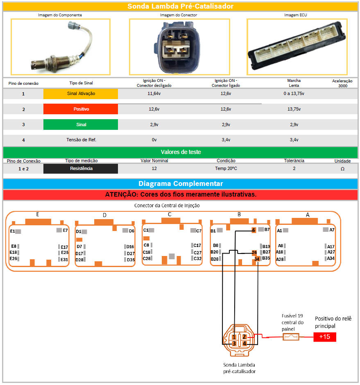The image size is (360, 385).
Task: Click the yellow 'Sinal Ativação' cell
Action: pos(81,94)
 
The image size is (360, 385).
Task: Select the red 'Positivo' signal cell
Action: pos(81,109)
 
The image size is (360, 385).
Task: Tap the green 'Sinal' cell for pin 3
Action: pos(81,125)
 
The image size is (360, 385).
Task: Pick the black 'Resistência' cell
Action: pos(81,168)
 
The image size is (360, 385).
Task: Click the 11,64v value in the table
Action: pos(154,94)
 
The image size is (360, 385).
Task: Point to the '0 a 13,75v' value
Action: pos(294,94)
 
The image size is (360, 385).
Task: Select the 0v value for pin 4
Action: pos(154,140)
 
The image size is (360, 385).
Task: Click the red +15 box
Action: pos(325,337)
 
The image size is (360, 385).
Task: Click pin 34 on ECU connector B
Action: pos(257,259)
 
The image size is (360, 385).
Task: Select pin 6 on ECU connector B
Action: pos(254,230)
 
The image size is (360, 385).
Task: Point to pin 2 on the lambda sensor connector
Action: pos(244,337)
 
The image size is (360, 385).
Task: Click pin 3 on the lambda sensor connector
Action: pos(234,344)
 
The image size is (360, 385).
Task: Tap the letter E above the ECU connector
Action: pos(38,214)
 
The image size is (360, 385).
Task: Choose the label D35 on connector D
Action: pos(131,260)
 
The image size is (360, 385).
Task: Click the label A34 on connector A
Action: pos(331,258)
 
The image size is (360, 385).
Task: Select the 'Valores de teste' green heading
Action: pos(180,152)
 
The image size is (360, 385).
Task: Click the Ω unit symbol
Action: pos(342,169)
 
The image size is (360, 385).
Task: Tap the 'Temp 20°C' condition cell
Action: pos(226,168)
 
